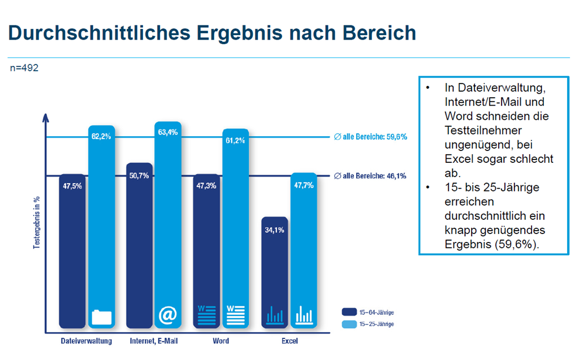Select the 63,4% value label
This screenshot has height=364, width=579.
[168, 132]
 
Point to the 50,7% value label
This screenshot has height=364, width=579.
[139, 175]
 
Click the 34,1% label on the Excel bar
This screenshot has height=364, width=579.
[275, 229]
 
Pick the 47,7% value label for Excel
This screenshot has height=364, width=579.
[303, 185]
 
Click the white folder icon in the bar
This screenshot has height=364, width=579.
[102, 317]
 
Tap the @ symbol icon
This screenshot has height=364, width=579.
[168, 315]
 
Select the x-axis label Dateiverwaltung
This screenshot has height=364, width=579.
[87, 341]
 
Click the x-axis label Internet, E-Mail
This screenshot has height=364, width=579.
[153, 341]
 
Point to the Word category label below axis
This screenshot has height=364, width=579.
[221, 341]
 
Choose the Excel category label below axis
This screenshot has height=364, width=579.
[289, 341]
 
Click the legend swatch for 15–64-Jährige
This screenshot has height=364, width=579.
[349, 311]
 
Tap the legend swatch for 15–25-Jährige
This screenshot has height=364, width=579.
[349, 324]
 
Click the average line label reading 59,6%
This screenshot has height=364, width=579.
[371, 137]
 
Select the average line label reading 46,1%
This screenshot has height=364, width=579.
[371, 176]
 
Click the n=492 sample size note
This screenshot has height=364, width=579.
[24, 68]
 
